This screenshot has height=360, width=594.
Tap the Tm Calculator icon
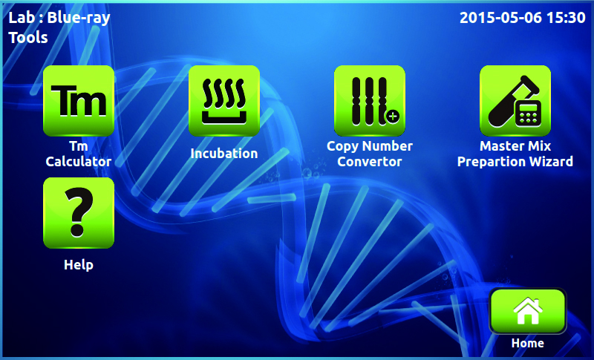pyautogui.click(x=79, y=101)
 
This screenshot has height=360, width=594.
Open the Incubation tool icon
pyautogui.click(x=224, y=101)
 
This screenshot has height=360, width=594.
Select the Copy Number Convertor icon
pyautogui.click(x=370, y=101)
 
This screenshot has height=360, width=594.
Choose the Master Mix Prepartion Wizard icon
pyautogui.click(x=515, y=101)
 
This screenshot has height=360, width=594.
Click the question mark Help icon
pyautogui.click(x=79, y=213)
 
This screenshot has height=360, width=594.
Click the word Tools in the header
pyautogui.click(x=28, y=37)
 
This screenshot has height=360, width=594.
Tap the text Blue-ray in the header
pyautogui.click(x=79, y=18)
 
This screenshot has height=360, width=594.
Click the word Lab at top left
pyautogui.click(x=22, y=17)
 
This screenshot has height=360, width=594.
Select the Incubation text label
pyautogui.click(x=224, y=154)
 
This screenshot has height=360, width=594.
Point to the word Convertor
pyautogui.click(x=369, y=162)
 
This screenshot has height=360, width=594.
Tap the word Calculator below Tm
pyautogui.click(x=79, y=162)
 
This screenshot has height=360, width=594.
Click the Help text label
pyautogui.click(x=79, y=264)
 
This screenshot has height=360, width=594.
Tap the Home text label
pyautogui.click(x=528, y=343)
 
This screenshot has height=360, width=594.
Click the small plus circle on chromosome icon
pyautogui.click(x=393, y=117)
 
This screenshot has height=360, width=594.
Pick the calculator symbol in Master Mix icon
pyautogui.click(x=528, y=114)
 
